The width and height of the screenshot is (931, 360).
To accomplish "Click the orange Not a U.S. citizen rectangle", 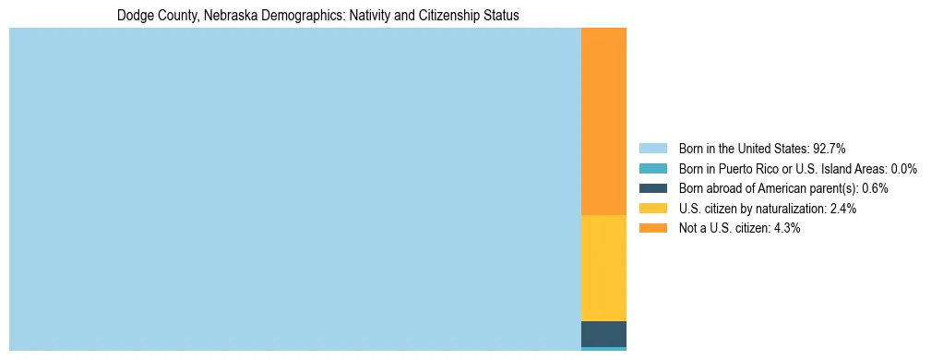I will pyautogui.click(x=603, y=121).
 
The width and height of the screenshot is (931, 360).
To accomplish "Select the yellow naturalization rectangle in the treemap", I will pyautogui.click(x=603, y=268).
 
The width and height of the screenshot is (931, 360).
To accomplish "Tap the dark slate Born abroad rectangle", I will pyautogui.click(x=603, y=333).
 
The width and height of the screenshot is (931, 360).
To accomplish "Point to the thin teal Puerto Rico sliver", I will pyautogui.click(x=603, y=349).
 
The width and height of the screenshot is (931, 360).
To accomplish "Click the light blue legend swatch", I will pyautogui.click(x=652, y=148).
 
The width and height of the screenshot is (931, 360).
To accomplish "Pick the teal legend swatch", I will pyautogui.click(x=652, y=168).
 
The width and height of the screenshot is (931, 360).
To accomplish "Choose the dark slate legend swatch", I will pyautogui.click(x=652, y=188).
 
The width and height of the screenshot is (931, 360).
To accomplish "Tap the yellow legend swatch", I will pyautogui.click(x=652, y=209).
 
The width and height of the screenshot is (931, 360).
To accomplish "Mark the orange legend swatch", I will pyautogui.click(x=652, y=228).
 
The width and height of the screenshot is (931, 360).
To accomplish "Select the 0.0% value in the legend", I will pyautogui.click(x=903, y=168).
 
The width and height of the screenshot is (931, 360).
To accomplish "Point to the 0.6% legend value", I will pyautogui.click(x=875, y=188).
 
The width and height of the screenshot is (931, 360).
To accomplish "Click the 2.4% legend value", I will pyautogui.click(x=843, y=209).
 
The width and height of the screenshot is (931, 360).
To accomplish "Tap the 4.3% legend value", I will pyautogui.click(x=787, y=228).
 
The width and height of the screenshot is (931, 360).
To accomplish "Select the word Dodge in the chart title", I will pyautogui.click(x=133, y=16).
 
